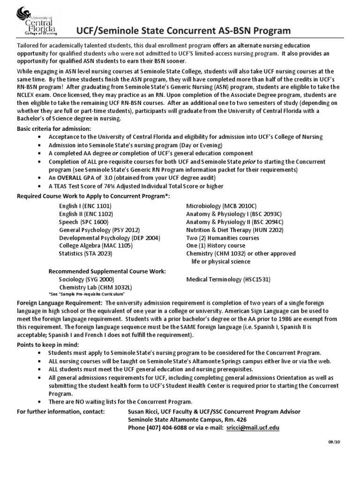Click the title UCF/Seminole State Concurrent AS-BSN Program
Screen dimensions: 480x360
click(183, 30)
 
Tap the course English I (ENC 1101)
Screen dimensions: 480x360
click(85, 206)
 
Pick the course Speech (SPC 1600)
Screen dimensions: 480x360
click(83, 222)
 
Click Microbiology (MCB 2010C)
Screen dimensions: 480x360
click(221, 206)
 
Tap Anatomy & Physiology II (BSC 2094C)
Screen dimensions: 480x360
click(234, 222)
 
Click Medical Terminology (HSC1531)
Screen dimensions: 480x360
click(228, 279)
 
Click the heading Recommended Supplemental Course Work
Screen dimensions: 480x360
click(107, 271)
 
